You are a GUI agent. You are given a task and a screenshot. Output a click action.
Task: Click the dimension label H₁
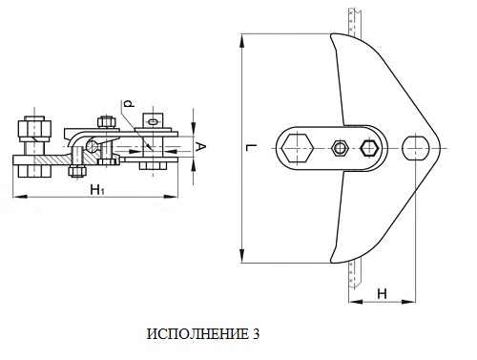click(97, 190)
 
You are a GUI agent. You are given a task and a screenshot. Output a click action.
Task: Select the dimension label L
click(252, 147)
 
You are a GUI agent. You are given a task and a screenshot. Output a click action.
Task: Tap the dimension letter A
click(200, 147)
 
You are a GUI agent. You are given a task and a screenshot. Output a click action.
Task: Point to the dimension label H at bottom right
click(382, 294)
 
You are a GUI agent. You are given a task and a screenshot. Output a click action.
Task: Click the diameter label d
click(129, 103)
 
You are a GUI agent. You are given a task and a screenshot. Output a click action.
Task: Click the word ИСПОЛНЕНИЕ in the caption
click(197, 334)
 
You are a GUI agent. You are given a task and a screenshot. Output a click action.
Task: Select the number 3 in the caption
click(256, 334)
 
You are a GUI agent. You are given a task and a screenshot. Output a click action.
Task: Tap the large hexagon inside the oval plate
click(298, 148)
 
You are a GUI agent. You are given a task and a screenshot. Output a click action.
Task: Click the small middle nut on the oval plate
click(340, 148)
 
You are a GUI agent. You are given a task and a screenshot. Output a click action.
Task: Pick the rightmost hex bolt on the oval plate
click(369, 148)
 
